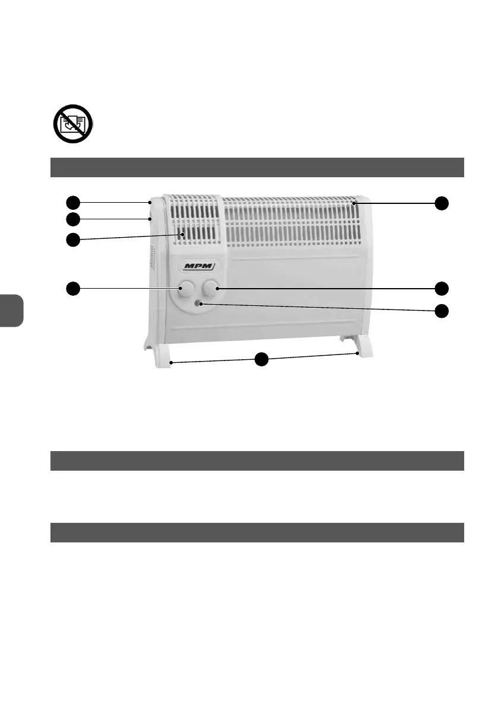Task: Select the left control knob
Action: (x=185, y=289)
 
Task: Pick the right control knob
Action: (x=210, y=289)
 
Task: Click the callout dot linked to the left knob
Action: (x=72, y=289)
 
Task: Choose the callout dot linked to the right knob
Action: (x=441, y=289)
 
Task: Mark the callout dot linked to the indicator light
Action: (x=441, y=311)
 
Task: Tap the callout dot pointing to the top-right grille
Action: (x=441, y=203)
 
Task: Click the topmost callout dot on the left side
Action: (x=72, y=202)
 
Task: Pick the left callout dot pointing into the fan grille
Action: (x=72, y=240)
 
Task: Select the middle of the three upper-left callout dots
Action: (x=72, y=219)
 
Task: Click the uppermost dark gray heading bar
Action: (x=256, y=168)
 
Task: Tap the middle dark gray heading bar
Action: (x=256, y=461)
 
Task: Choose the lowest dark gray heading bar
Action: (x=256, y=532)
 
